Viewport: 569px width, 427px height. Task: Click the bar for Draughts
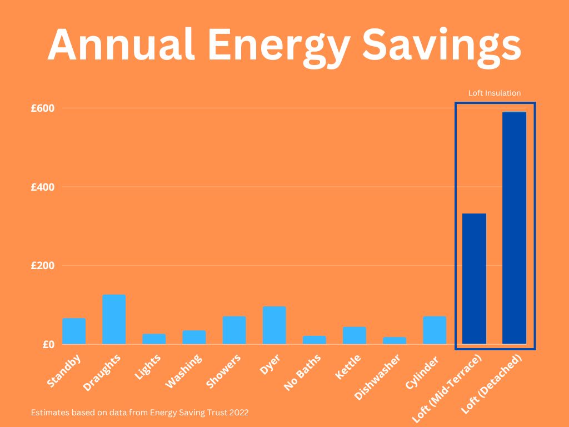pyautogui.click(x=114, y=319)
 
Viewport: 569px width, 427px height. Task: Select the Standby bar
pyautogui.click(x=74, y=331)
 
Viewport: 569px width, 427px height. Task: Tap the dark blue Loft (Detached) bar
pyautogui.click(x=514, y=228)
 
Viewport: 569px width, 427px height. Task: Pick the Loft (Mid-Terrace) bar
pyautogui.click(x=474, y=278)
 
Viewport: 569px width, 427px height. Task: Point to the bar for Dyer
pyautogui.click(x=274, y=325)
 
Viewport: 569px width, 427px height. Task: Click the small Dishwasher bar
pyautogui.click(x=395, y=340)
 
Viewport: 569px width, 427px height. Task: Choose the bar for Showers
pyautogui.click(x=234, y=330)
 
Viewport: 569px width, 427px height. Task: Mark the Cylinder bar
pyautogui.click(x=435, y=330)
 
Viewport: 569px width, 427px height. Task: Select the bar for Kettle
pyautogui.click(x=355, y=335)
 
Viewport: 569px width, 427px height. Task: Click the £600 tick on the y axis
pyautogui.click(x=43, y=108)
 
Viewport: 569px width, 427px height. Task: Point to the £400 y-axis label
pyautogui.click(x=43, y=187)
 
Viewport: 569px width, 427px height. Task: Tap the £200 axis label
pyautogui.click(x=43, y=265)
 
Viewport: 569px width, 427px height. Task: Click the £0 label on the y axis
pyautogui.click(x=48, y=344)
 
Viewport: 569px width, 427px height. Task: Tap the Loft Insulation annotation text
pyautogui.click(x=495, y=93)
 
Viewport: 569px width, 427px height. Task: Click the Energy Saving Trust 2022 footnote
pyautogui.click(x=140, y=413)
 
